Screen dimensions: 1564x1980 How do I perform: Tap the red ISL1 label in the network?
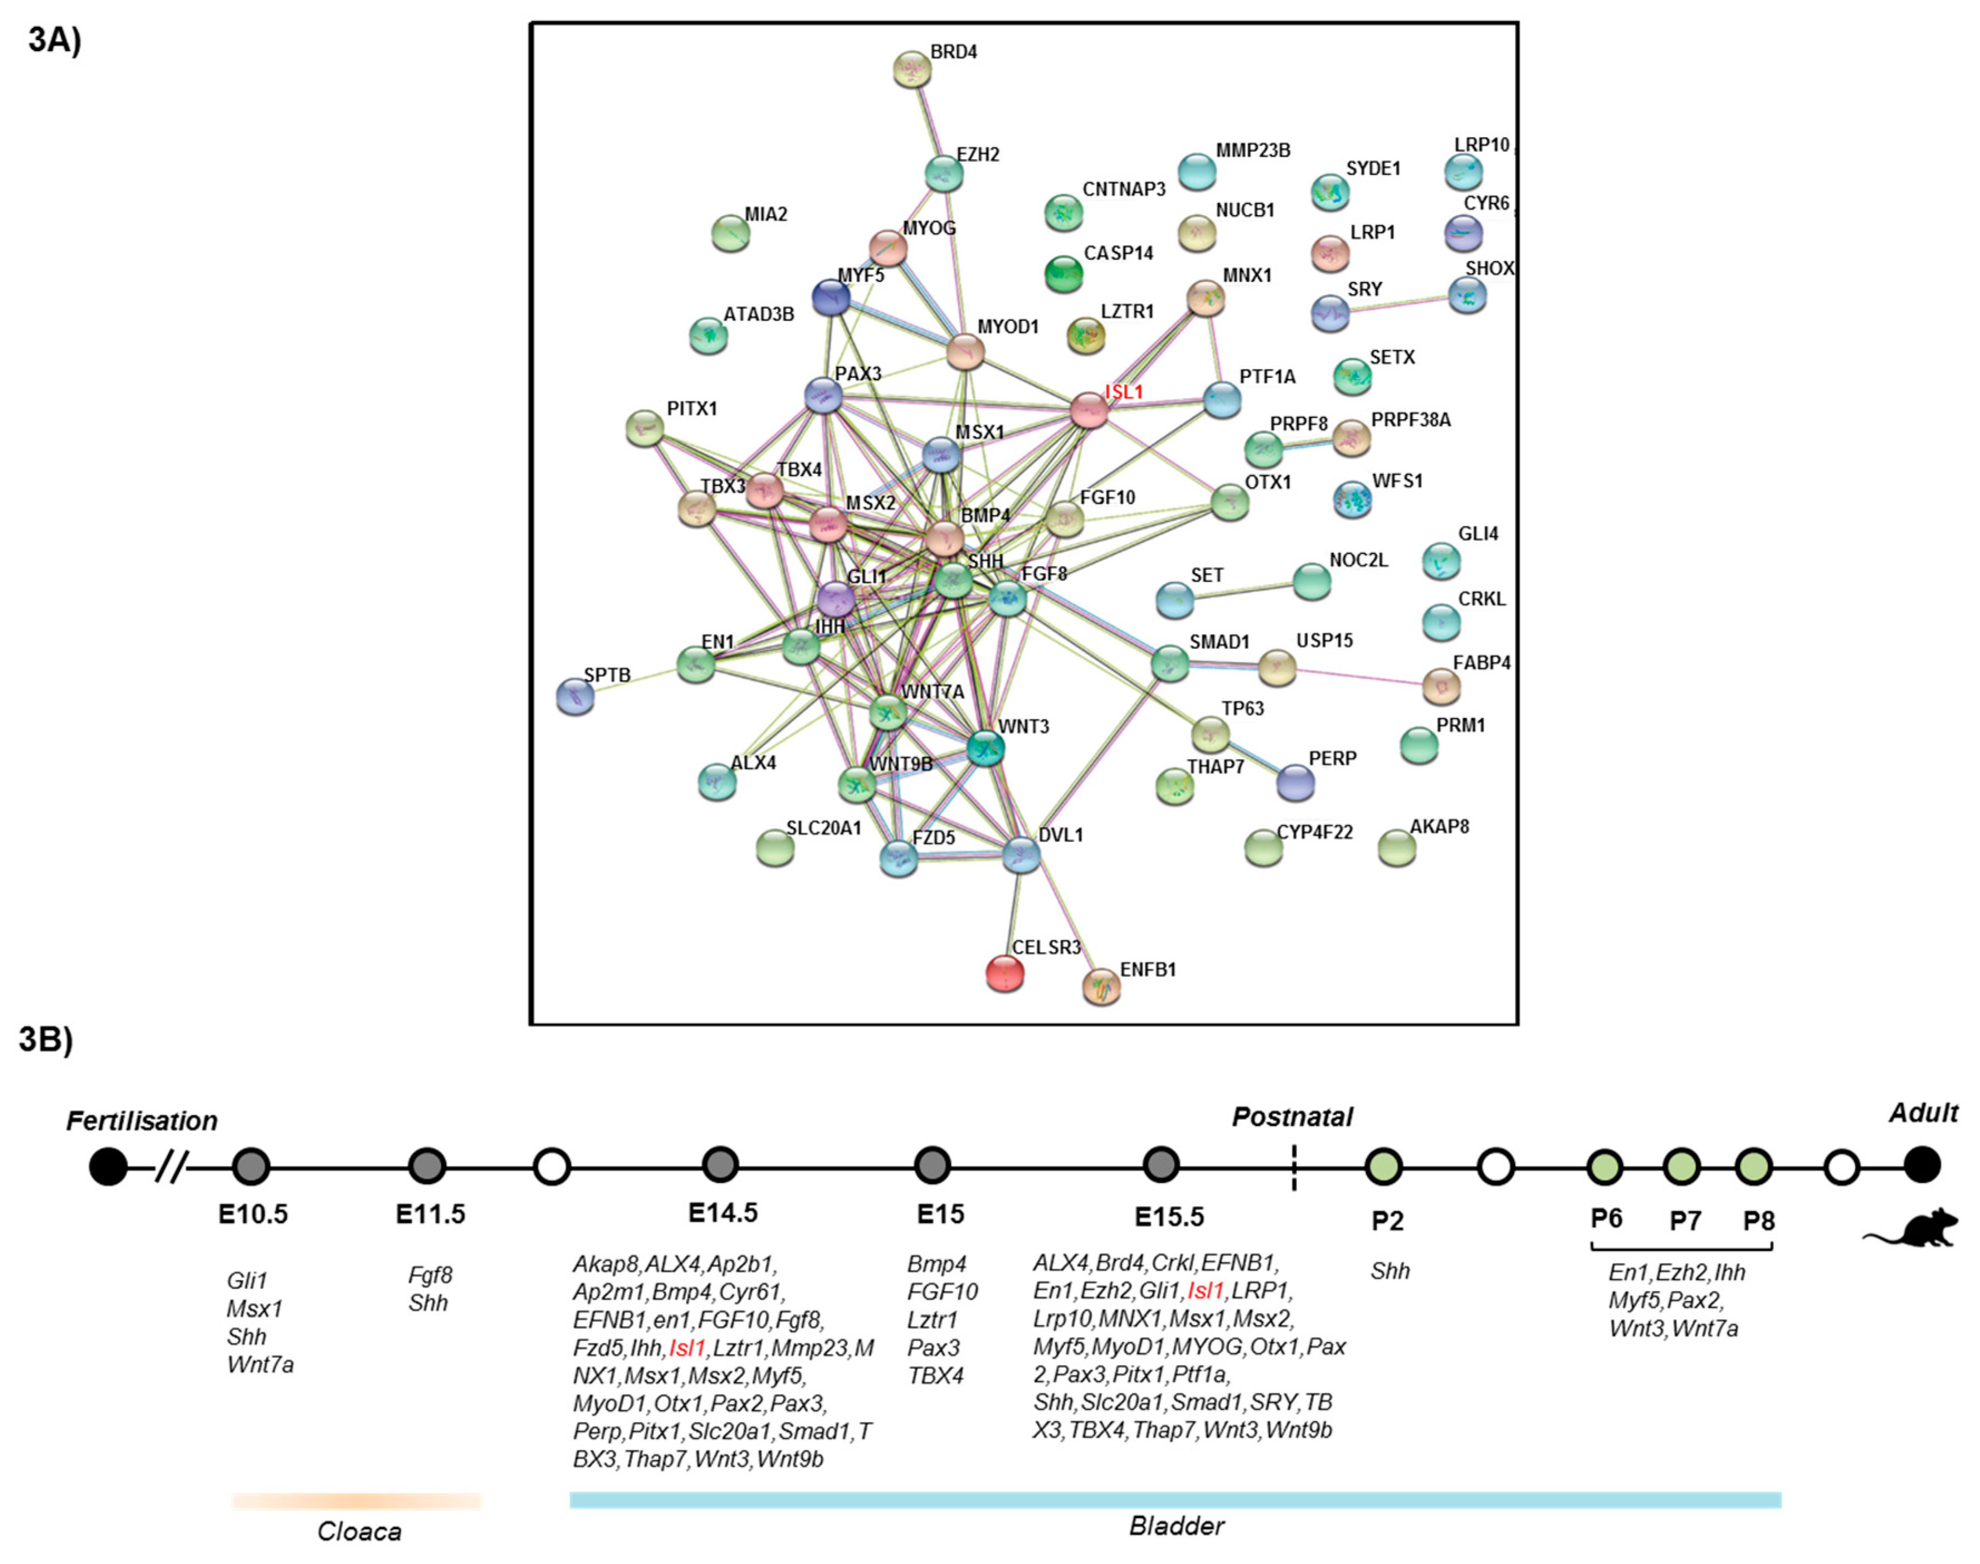(1124, 392)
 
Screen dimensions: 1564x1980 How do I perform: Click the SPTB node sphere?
(575, 697)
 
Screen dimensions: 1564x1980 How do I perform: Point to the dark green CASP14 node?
(1064, 273)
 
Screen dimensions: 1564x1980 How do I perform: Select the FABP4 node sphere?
(1441, 685)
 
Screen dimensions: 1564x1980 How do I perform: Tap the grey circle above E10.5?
(251, 1167)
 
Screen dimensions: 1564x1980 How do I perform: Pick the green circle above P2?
(1383, 1167)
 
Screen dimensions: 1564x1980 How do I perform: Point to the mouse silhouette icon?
(1911, 1230)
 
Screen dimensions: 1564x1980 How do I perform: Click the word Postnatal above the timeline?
(1291, 1117)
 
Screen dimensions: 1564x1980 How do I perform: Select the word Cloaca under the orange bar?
(359, 1532)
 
